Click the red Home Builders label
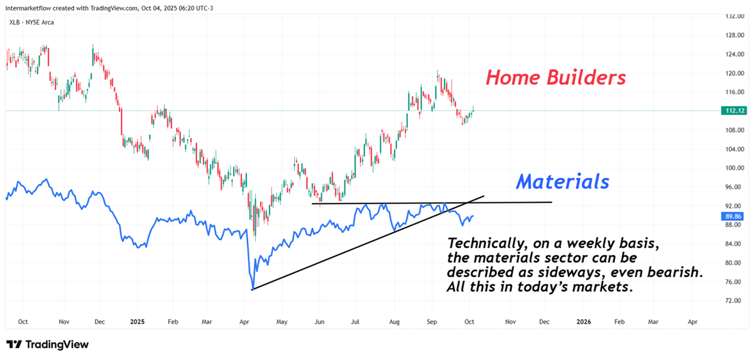pyautogui.click(x=555, y=78)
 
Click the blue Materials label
pyautogui.click(x=562, y=182)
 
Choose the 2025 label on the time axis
pyautogui.click(x=138, y=322)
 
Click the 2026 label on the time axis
pyautogui.click(x=584, y=322)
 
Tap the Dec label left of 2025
pyautogui.click(x=99, y=322)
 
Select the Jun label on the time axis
pyautogui.click(x=319, y=322)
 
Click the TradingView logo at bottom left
pyautogui.click(x=48, y=344)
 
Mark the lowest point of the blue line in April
pyautogui.click(x=252, y=289)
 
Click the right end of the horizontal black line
pyautogui.click(x=552, y=202)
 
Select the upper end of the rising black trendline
pyautogui.click(x=484, y=197)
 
